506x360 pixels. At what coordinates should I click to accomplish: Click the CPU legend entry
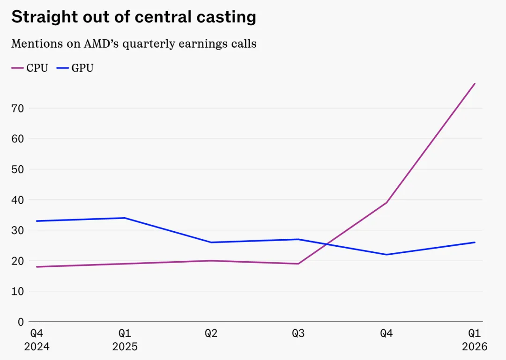pyautogui.click(x=30, y=68)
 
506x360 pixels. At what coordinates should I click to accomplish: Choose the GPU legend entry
pyautogui.click(x=75, y=68)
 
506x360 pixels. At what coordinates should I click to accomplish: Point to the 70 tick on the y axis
pyautogui.click(x=18, y=109)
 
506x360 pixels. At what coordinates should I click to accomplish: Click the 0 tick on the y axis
pyautogui.click(x=21, y=322)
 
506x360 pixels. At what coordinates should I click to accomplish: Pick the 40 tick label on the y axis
pyautogui.click(x=18, y=200)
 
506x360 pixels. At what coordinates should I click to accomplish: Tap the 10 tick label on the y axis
pyautogui.click(x=18, y=291)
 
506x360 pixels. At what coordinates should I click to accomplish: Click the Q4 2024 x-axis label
pyautogui.click(x=37, y=340)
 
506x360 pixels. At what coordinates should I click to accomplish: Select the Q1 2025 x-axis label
pyautogui.click(x=125, y=340)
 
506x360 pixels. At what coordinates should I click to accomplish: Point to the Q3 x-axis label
pyautogui.click(x=298, y=333)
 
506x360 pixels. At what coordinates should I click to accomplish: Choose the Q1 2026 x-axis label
pyautogui.click(x=474, y=340)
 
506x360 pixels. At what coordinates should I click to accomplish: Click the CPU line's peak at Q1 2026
pyautogui.click(x=475, y=84)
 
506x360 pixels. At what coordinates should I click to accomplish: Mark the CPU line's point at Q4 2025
pyautogui.click(x=386, y=203)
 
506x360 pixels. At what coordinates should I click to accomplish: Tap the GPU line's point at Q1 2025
pyautogui.click(x=125, y=218)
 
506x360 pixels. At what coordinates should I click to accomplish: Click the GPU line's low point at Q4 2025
pyautogui.click(x=386, y=255)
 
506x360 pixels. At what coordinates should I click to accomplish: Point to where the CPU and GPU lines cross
pyautogui.click(x=327, y=244)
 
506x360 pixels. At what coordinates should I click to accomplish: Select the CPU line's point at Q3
pyautogui.click(x=298, y=264)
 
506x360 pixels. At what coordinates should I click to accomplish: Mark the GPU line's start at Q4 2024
pyautogui.click(x=37, y=221)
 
